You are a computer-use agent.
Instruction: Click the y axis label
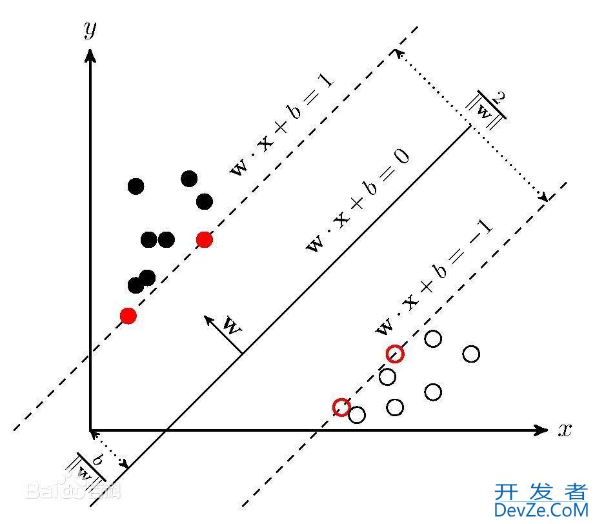coord(90,30)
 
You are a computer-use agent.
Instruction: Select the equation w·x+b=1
coord(281,125)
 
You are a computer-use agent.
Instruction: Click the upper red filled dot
coord(205,239)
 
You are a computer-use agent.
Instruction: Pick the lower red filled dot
coord(128,316)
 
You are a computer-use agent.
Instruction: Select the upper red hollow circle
coord(395,354)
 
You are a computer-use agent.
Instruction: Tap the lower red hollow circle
coord(341,407)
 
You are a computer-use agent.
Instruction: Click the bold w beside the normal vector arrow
coord(231,325)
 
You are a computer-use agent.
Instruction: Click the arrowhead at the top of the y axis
coord(90,54)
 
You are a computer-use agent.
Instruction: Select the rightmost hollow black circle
coord(471,354)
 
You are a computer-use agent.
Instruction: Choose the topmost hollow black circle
coord(433,338)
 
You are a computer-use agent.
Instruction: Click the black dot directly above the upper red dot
coord(205,202)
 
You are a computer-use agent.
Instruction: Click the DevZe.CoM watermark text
coord(541,510)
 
